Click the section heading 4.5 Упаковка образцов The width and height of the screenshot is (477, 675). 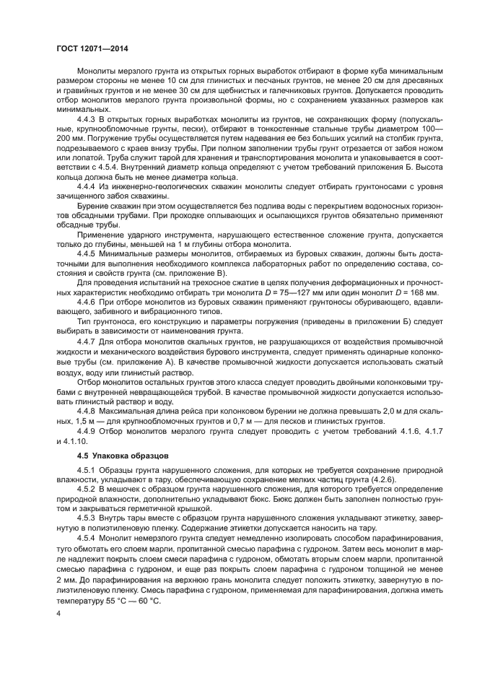pos(122,456)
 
